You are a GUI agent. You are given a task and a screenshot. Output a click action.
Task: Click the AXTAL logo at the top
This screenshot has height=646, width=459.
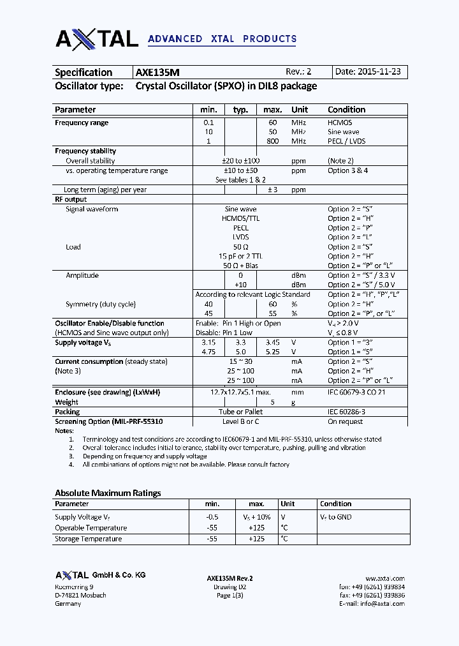pyautogui.click(x=97, y=38)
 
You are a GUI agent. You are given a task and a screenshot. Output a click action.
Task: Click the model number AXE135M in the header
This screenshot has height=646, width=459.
pyautogui.click(x=157, y=73)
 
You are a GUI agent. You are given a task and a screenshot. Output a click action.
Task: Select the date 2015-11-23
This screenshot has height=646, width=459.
pyautogui.click(x=377, y=72)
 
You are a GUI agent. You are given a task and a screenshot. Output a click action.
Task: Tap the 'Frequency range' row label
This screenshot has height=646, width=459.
pyautogui.click(x=82, y=123)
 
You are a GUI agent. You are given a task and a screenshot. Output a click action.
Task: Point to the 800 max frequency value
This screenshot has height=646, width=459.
pyautogui.click(x=272, y=141)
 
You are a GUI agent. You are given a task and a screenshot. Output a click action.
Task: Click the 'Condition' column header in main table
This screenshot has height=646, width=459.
pyautogui.click(x=346, y=110)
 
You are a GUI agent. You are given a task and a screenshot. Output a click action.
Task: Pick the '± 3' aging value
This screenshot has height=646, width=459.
pyautogui.click(x=273, y=190)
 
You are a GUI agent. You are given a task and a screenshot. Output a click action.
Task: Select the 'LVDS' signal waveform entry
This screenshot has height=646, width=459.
pyautogui.click(x=240, y=237)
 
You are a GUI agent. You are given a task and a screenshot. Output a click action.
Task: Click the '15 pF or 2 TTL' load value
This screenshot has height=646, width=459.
pyautogui.click(x=240, y=256)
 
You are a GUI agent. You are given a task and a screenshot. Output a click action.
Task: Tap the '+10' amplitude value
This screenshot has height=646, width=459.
pyautogui.click(x=240, y=285)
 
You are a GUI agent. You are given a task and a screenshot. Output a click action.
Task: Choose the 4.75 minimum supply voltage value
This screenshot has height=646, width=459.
pyautogui.click(x=208, y=352)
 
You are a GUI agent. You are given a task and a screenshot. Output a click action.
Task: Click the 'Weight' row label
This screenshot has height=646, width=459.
pyautogui.click(x=66, y=402)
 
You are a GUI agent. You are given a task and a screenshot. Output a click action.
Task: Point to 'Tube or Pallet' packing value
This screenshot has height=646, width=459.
pyautogui.click(x=240, y=412)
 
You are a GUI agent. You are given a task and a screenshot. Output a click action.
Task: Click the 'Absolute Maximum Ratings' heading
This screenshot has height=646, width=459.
pyautogui.click(x=108, y=493)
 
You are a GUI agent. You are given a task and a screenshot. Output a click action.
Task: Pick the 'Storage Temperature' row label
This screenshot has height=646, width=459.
pyautogui.click(x=88, y=539)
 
